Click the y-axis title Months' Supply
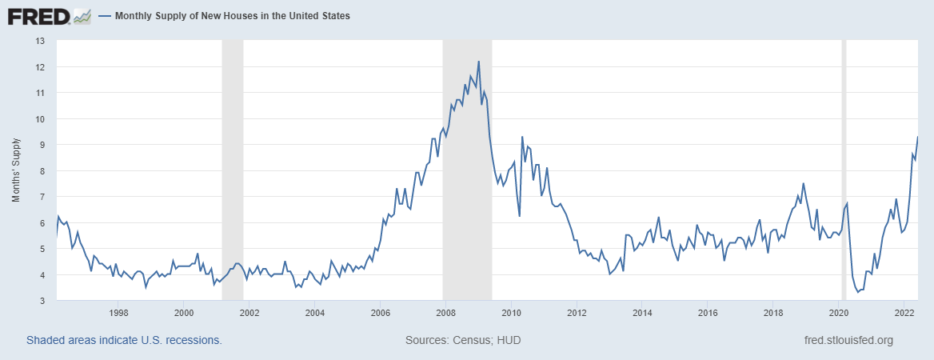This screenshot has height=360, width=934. [x=16, y=170]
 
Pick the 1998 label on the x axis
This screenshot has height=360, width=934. [x=118, y=312]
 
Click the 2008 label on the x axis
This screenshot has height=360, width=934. [x=445, y=312]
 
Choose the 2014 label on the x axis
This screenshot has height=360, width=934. [x=642, y=312]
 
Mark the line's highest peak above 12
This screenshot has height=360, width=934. [x=478, y=62]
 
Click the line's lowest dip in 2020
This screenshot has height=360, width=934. [x=858, y=292]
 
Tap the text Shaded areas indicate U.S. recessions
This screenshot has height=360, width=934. [x=124, y=340]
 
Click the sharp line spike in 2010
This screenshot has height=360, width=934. [x=522, y=137]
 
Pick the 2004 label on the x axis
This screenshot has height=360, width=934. [x=315, y=312]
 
